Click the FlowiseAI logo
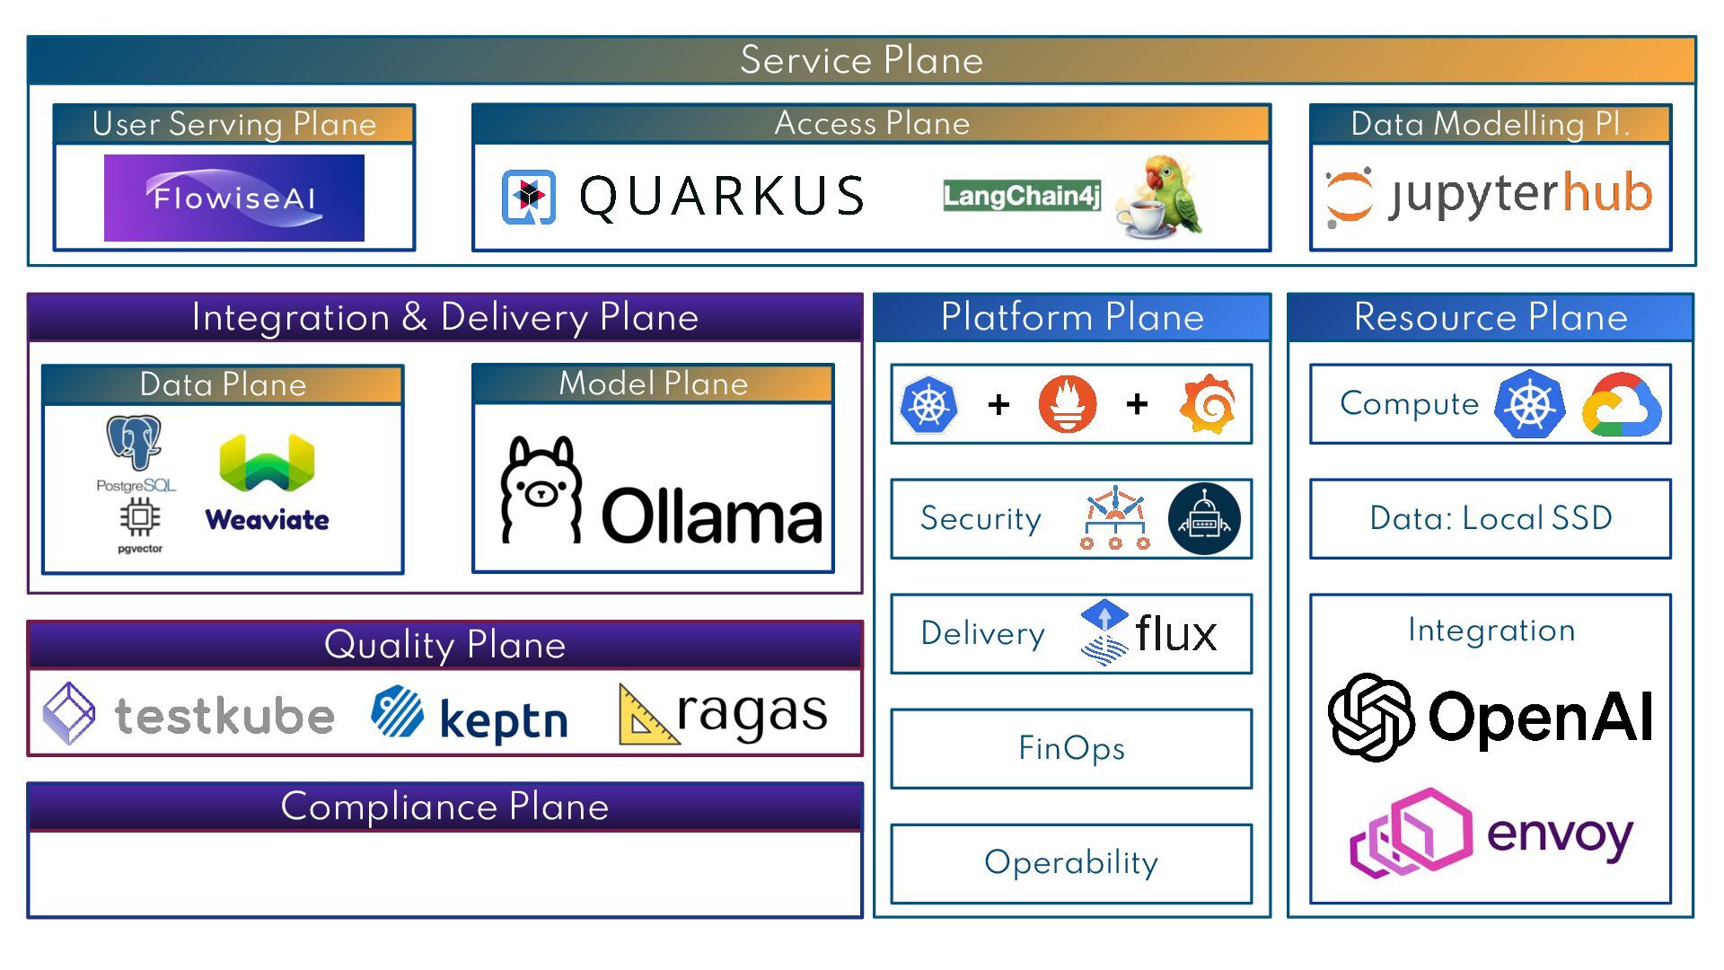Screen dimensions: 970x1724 (x=234, y=198)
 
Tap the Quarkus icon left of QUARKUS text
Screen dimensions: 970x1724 (x=529, y=196)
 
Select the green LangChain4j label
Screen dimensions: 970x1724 (x=1022, y=195)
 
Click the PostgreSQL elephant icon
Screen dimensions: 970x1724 (x=135, y=442)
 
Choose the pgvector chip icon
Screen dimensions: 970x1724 (x=140, y=517)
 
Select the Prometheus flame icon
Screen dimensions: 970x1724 (x=1068, y=404)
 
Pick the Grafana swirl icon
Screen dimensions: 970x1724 (x=1209, y=404)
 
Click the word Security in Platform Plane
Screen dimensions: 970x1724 (x=981, y=518)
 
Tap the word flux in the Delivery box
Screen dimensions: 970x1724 (x=1176, y=634)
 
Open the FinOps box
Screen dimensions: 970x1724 (x=1071, y=748)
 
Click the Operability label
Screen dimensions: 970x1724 (x=1071, y=862)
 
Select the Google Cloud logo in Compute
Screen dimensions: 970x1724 (x=1622, y=405)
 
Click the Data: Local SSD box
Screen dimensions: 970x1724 (x=1491, y=518)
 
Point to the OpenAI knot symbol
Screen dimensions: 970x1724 (x=1371, y=717)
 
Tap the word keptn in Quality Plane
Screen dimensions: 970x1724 (x=504, y=720)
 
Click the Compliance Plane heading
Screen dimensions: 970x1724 (x=444, y=807)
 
